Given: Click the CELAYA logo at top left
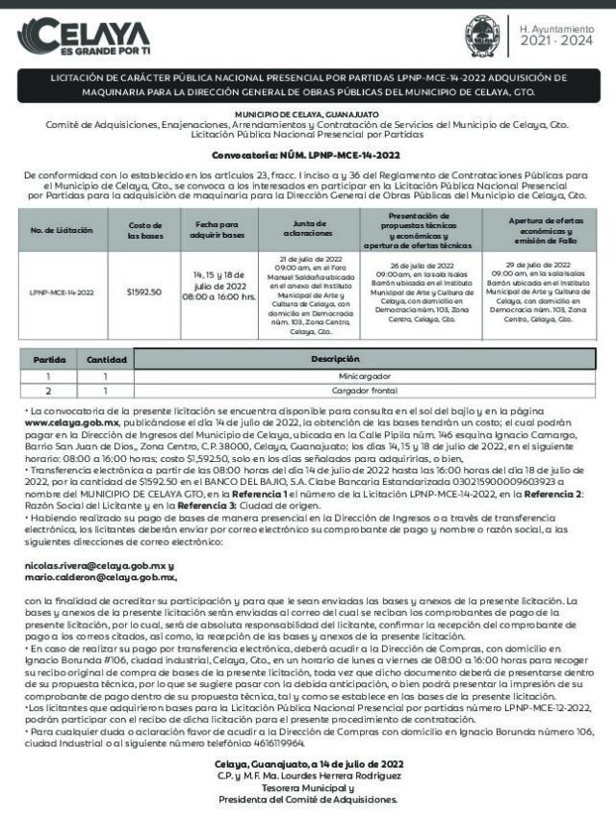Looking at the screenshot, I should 83,37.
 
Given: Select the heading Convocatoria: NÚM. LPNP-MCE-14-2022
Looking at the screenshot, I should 307,154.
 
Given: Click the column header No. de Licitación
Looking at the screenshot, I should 62,231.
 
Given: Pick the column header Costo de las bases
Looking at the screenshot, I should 144,231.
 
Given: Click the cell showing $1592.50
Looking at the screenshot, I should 144,292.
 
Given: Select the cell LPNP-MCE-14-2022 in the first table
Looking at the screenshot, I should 62,292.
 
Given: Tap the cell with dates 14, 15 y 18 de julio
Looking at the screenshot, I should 224,286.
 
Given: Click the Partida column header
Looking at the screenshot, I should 50,359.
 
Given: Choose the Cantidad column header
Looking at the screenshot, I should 107,359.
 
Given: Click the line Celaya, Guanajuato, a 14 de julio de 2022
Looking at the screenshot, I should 307,764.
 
